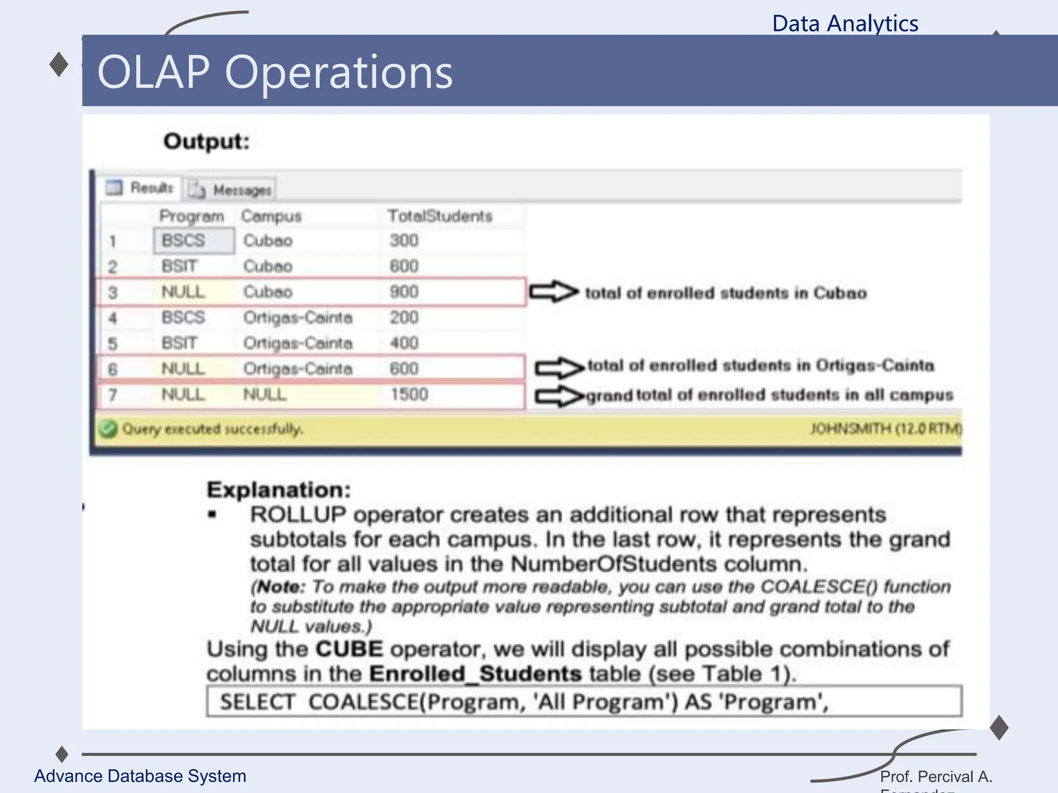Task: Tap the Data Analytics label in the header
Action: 845,24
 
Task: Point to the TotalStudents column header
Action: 440,216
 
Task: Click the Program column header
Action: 191,216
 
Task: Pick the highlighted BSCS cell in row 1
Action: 184,241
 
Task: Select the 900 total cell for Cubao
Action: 404,292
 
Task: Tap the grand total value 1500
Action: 409,394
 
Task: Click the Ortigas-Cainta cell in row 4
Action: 298,318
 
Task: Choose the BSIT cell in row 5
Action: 179,343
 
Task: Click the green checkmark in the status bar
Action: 108,429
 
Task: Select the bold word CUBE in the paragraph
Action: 349,649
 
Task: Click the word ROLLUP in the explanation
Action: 298,515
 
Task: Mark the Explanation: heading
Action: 278,489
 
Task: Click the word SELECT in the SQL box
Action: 257,702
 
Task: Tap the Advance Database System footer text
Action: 140,776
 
